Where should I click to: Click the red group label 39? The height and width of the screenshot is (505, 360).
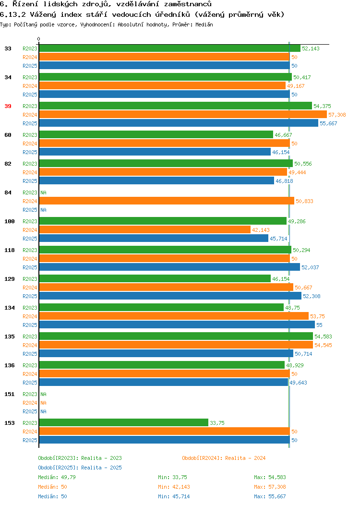pyautogui.click(x=8, y=106)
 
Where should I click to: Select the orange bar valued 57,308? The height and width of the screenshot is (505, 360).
pyautogui.click(x=183, y=115)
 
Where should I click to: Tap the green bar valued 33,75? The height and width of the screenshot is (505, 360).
pyautogui.click(x=124, y=422)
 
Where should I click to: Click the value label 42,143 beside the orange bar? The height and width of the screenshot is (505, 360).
pyautogui.click(x=261, y=230)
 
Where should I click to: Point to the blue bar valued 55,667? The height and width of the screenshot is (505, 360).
pyautogui.click(x=179, y=123)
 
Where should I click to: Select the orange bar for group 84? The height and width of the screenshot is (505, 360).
pyautogui.click(x=167, y=201)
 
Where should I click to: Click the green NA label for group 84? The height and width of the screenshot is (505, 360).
pyautogui.click(x=44, y=192)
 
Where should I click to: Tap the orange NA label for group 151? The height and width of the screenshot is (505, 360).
pyautogui.click(x=44, y=403)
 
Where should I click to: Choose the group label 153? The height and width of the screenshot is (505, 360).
pyautogui.click(x=9, y=423)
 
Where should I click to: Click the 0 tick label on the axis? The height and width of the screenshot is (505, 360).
pyautogui.click(x=39, y=39)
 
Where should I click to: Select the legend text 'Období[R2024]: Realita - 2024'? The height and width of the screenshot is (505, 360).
pyautogui.click(x=224, y=458)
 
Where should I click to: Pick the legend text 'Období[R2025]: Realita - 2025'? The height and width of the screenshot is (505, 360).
pyautogui.click(x=80, y=468)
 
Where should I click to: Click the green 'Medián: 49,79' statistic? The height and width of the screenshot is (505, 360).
pyautogui.click(x=57, y=477)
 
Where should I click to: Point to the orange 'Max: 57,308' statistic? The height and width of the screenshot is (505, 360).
pyautogui.click(x=270, y=487)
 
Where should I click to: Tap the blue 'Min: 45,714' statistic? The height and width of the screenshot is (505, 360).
pyautogui.click(x=174, y=497)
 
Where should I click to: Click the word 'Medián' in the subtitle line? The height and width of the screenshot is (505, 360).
pyautogui.click(x=204, y=24)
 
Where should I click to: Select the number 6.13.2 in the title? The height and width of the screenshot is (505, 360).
pyautogui.click(x=13, y=14)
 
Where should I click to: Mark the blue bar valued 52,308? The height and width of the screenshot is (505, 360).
pyautogui.click(x=170, y=296)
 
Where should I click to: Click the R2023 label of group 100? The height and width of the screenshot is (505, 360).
pyautogui.click(x=30, y=221)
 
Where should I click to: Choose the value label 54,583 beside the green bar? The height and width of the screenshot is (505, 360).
pyautogui.click(x=324, y=337)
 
